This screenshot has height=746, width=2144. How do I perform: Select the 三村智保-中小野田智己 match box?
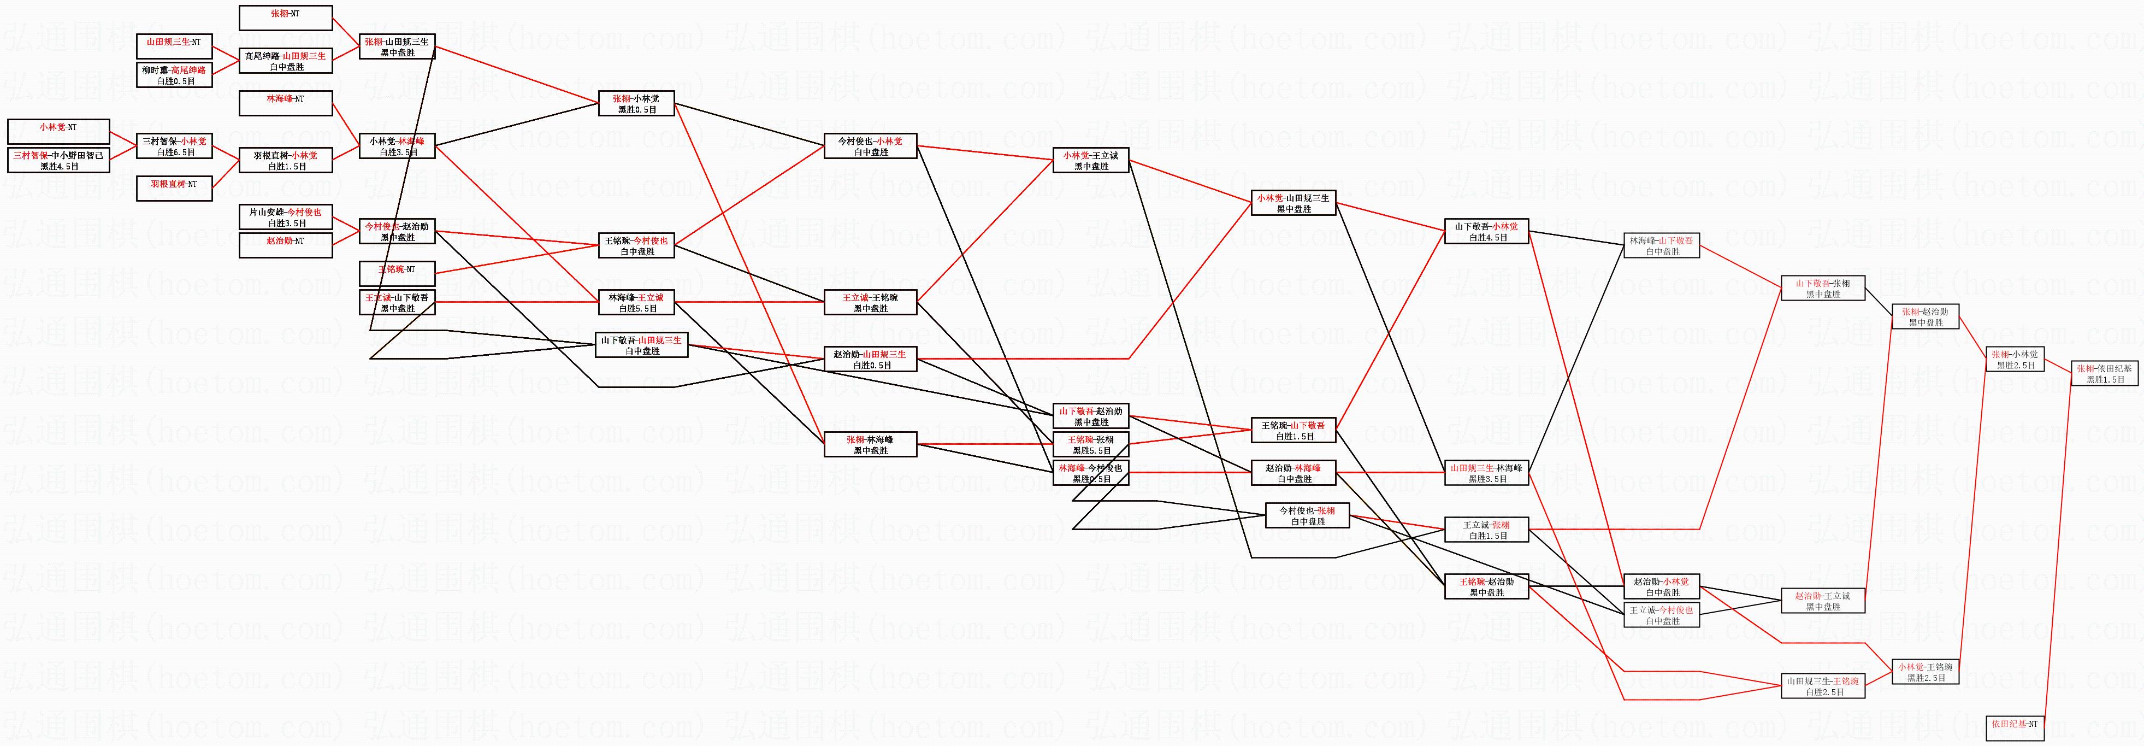pos(58,160)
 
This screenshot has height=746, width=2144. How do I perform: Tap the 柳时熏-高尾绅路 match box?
pos(174,75)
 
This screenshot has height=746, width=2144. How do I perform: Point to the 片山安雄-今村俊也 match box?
pos(286,218)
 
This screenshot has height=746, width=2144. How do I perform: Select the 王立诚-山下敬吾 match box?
pos(397,302)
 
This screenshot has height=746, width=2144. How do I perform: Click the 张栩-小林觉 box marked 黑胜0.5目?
pos(636,103)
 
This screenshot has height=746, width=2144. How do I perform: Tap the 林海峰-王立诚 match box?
pos(636,302)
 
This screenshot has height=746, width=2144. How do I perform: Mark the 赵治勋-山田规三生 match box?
pos(870,359)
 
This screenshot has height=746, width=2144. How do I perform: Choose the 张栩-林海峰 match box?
pos(870,445)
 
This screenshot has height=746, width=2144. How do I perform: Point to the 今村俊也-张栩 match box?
pos(1307,515)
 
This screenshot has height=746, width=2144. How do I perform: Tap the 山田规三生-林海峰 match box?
pos(1486,473)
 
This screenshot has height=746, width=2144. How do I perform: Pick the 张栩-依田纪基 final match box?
pos(2104,373)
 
